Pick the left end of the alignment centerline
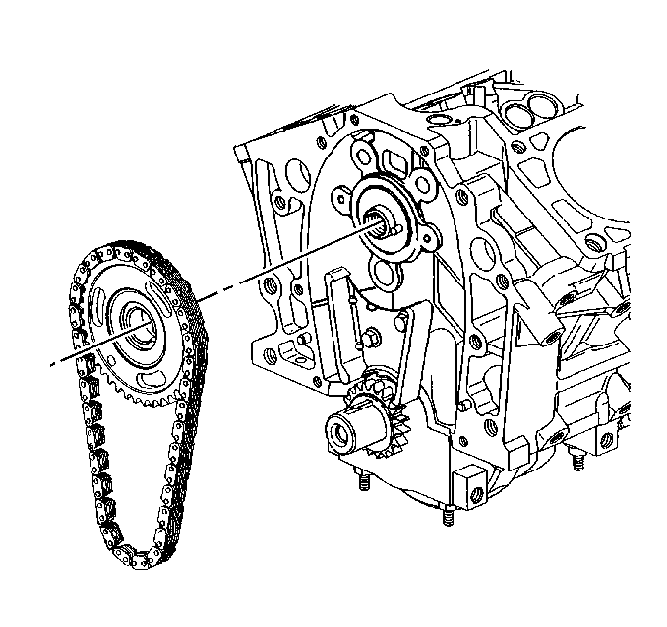(54, 365)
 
